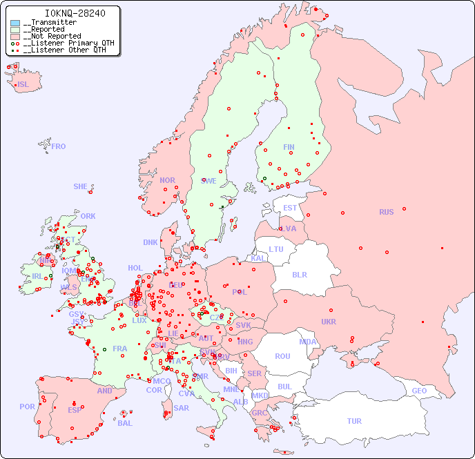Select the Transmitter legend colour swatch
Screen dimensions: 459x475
pyautogui.click(x=15, y=23)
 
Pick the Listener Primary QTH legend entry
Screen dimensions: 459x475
pyautogui.click(x=66, y=43)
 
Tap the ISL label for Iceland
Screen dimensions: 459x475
pyautogui.click(x=23, y=85)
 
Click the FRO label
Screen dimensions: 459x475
pyautogui.click(x=59, y=146)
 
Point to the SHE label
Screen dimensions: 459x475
pyautogui.click(x=81, y=186)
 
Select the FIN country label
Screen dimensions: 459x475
pyautogui.click(x=289, y=147)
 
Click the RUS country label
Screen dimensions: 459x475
pyautogui.click(x=386, y=212)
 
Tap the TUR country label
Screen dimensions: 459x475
pyautogui.click(x=354, y=421)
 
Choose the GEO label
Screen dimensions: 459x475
pyautogui.click(x=419, y=391)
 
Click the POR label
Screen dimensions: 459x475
pyautogui.click(x=27, y=407)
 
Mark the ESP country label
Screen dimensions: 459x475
pyautogui.click(x=75, y=410)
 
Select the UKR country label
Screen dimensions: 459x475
pyautogui.click(x=329, y=322)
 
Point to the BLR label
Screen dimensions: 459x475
pyautogui.click(x=299, y=274)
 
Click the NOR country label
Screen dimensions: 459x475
pyautogui.click(x=167, y=180)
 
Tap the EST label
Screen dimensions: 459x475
pyautogui.click(x=290, y=208)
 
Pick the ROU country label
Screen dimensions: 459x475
pyautogui.click(x=282, y=356)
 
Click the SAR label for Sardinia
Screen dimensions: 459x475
pyautogui.click(x=182, y=408)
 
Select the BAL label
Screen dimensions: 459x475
pyautogui.click(x=125, y=423)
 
